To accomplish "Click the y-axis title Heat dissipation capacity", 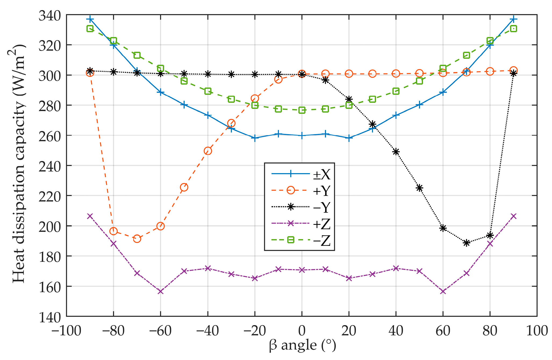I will pos(19,163).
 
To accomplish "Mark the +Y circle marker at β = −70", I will pos(137,239).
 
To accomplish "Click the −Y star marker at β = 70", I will pos(467,243).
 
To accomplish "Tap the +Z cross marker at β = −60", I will pos(160,291).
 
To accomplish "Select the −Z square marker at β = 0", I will pos(302,110).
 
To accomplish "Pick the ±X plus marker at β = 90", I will pos(513,19).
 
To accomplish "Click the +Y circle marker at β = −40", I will pos(208,151).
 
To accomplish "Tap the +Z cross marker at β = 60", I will pos(443,291).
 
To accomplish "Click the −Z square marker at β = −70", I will pos(137,55).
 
